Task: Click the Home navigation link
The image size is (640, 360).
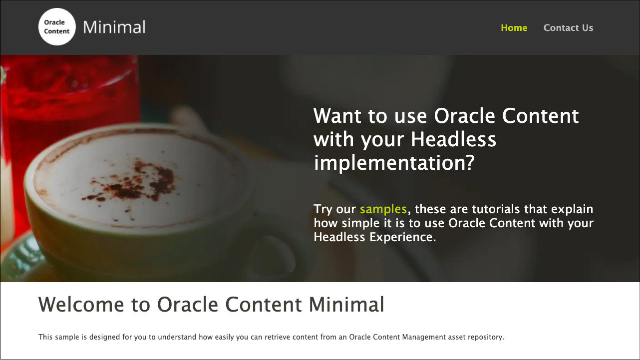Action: coord(514,28)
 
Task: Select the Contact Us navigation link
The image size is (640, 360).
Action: coord(568,28)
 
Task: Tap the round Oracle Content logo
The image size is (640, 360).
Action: coord(57,27)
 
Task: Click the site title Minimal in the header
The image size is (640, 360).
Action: coord(114,27)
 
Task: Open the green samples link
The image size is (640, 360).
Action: coord(383,209)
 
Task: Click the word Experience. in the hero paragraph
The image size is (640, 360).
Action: coord(403,237)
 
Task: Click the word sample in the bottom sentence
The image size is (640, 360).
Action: coord(66,337)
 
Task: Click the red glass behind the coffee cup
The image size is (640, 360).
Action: coord(70,100)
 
